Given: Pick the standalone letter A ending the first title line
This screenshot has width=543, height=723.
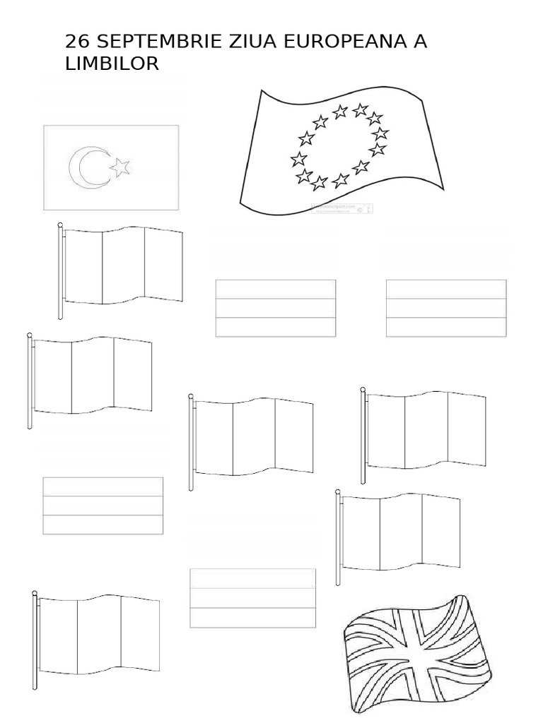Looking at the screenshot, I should pos(420,42).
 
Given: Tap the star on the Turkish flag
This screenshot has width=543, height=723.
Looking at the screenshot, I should pos(121,167).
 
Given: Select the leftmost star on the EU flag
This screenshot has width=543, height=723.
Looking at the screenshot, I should pos(298,159).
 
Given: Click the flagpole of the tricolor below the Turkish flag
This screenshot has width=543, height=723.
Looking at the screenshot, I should pos(61,272).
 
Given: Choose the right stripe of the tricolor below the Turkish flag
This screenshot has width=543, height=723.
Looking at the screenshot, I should pos(163,265).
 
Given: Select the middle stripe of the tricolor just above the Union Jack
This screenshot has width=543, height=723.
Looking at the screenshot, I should pos(401,531).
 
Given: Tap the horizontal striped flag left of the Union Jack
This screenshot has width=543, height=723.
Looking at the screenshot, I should pos(252,598).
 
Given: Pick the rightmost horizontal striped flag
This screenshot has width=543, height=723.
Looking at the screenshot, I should pos(446,308).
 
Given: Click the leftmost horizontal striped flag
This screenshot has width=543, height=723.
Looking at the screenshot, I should pos(103,506).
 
